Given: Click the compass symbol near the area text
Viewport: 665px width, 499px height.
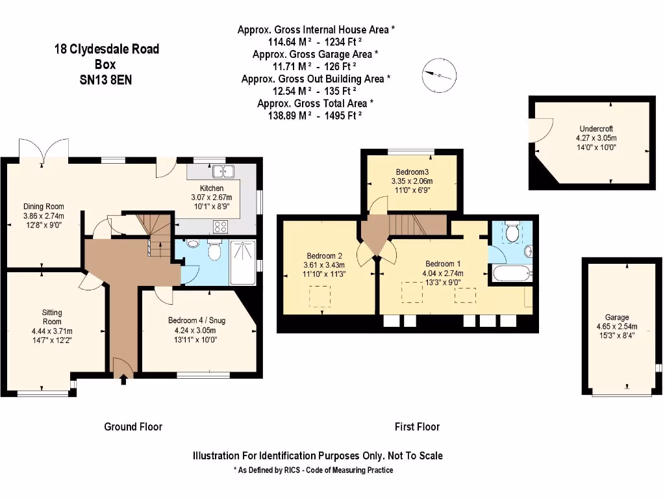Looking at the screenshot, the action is [x=439, y=75].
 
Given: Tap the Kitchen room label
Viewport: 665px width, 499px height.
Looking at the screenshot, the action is [x=212, y=188].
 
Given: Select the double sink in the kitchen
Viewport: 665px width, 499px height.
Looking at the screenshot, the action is [x=223, y=172].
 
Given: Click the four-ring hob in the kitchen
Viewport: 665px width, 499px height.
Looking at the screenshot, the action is [x=221, y=227].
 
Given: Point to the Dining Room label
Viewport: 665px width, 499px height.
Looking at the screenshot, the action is [x=44, y=207].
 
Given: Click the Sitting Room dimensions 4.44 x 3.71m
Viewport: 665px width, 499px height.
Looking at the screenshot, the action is [x=52, y=331].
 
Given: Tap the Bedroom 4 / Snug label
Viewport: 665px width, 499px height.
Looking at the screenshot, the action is [x=196, y=320].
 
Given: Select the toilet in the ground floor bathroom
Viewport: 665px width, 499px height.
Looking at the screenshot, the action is [x=214, y=251].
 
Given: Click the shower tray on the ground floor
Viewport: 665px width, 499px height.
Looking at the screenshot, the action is [x=243, y=262].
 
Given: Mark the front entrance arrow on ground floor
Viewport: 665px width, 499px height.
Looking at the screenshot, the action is [x=123, y=379].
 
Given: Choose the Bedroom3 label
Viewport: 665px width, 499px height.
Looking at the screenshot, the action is [x=412, y=172].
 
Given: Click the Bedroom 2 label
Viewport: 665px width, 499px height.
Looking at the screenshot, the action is [x=325, y=256].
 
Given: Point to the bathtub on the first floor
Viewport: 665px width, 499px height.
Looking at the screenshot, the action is [x=512, y=274].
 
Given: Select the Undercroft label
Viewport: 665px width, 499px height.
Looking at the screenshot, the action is [x=596, y=129].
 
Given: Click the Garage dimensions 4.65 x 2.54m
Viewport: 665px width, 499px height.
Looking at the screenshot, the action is [x=617, y=326].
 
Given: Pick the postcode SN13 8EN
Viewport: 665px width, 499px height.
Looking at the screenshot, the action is [x=106, y=80].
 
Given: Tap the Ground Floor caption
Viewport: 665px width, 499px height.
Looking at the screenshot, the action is [x=133, y=427].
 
